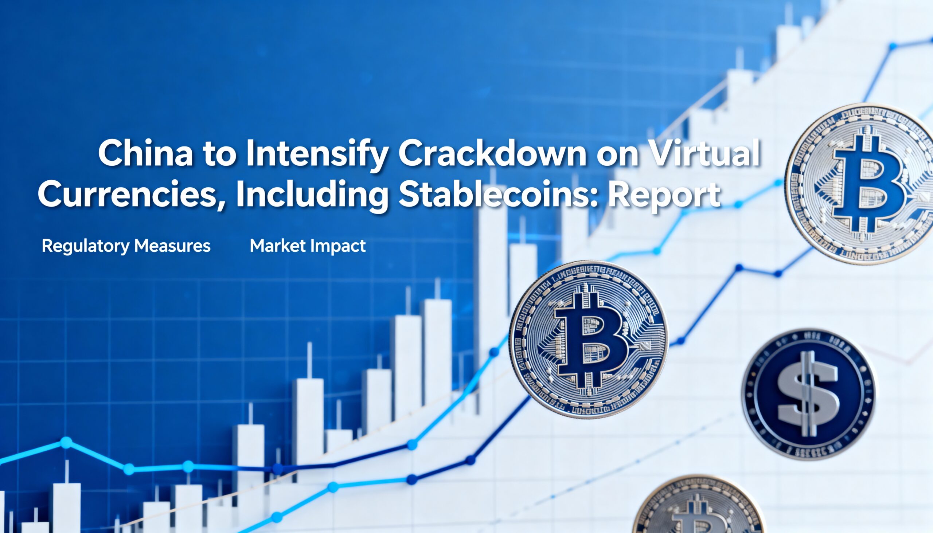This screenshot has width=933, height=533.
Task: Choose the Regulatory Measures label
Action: (x=126, y=246)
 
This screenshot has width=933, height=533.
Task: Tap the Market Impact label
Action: (x=308, y=246)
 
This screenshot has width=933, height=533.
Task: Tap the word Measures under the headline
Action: (x=172, y=246)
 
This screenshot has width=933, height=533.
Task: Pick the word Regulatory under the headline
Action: (x=86, y=246)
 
